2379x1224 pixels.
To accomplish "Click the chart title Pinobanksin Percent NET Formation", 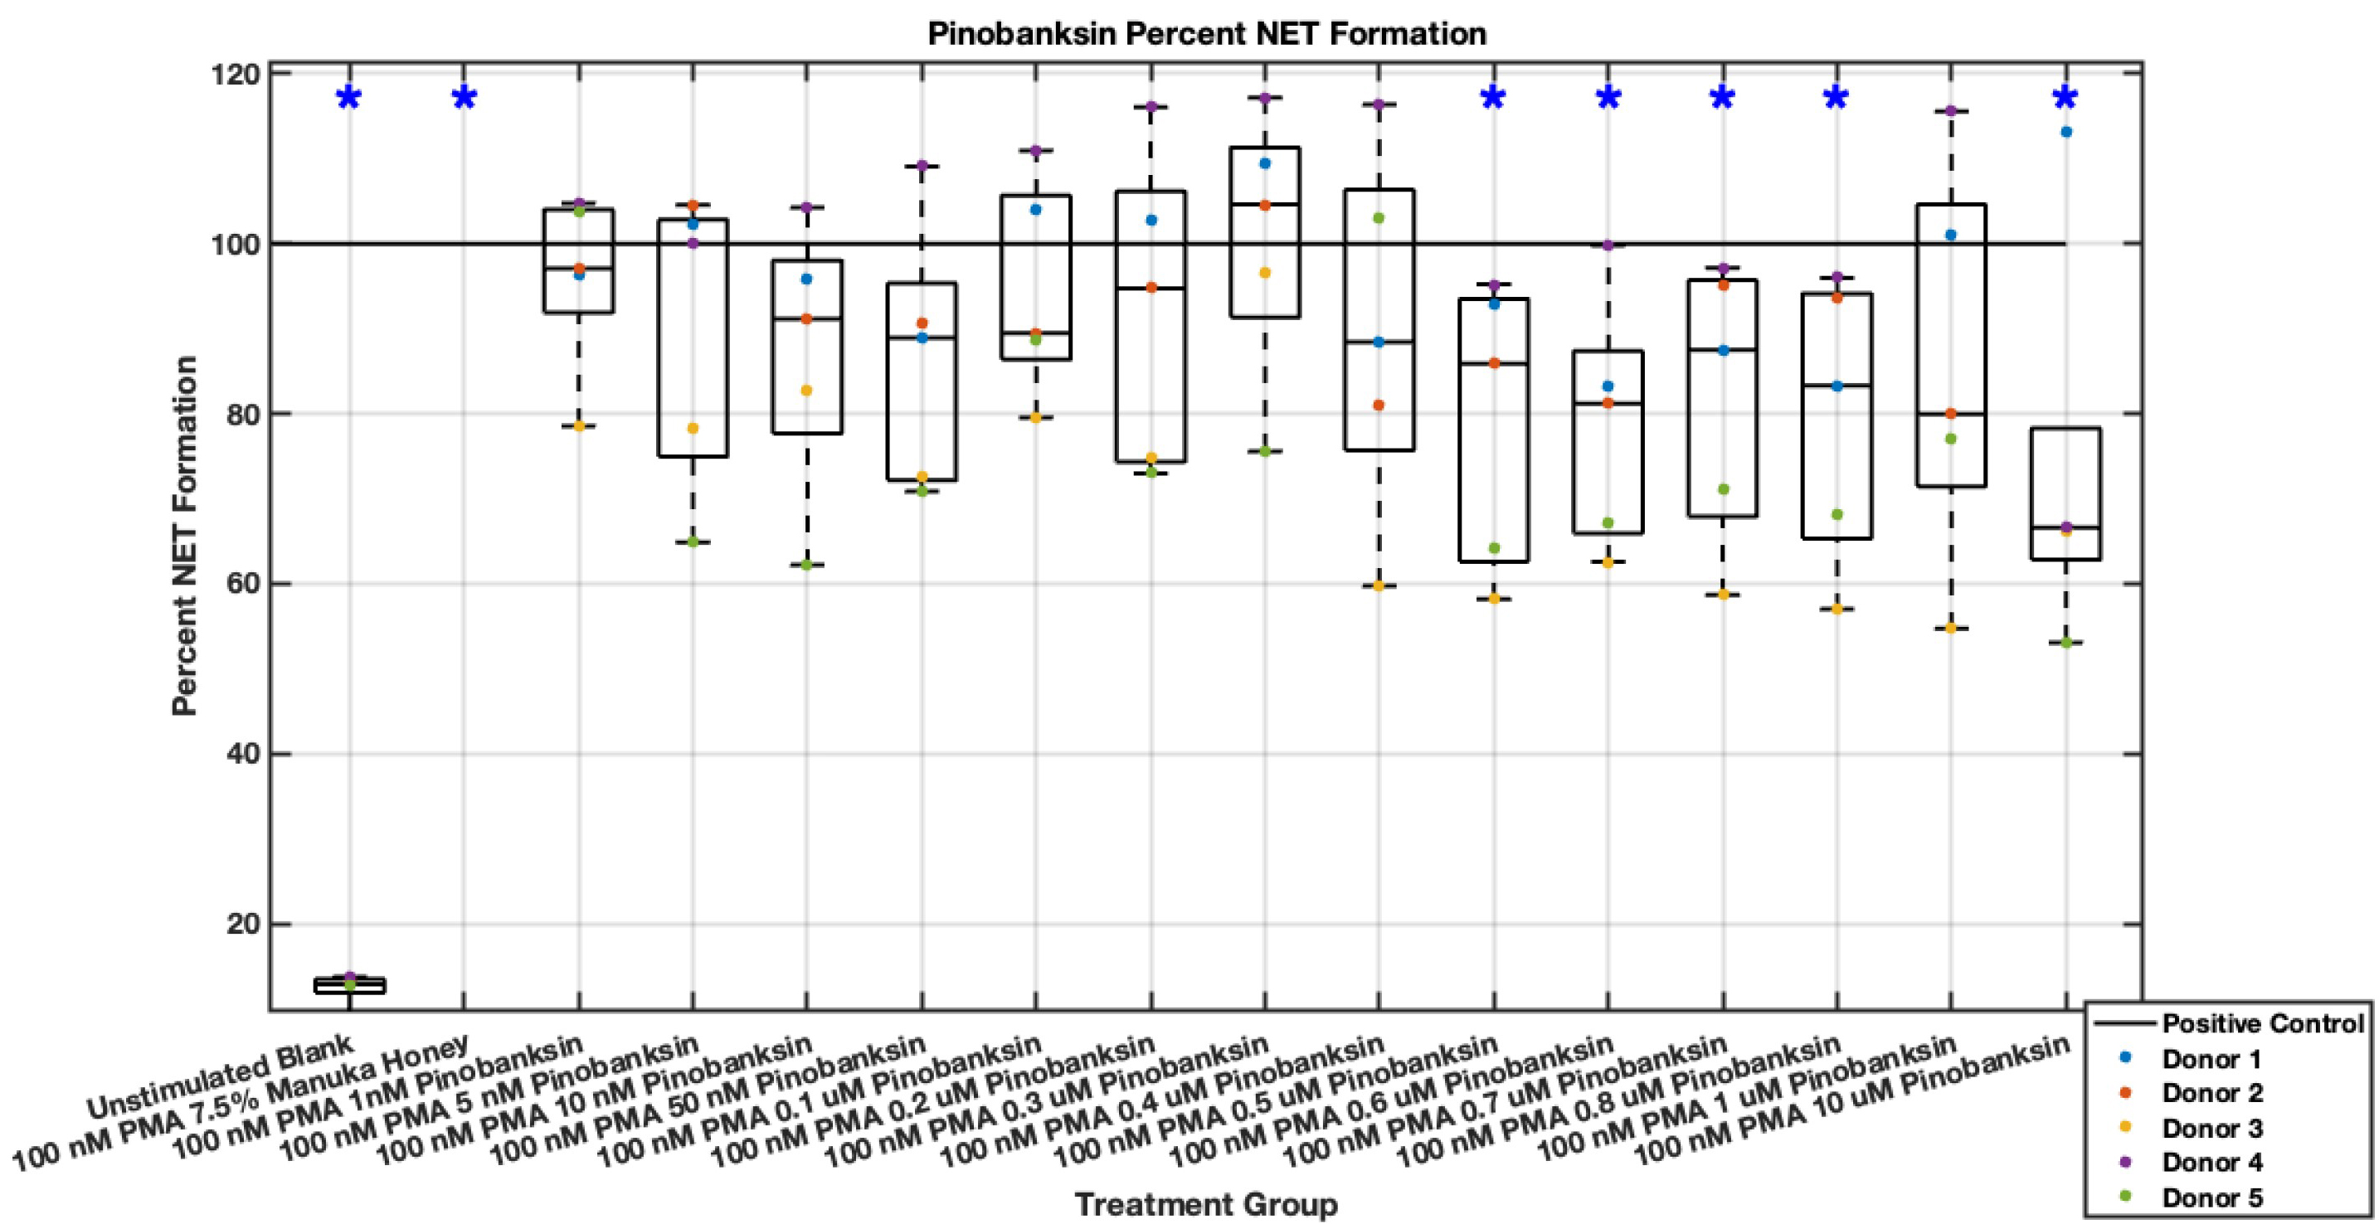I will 1206,34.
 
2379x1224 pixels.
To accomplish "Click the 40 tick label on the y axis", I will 242,754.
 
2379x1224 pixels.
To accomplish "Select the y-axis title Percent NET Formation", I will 185,536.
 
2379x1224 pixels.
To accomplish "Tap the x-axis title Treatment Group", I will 1206,1205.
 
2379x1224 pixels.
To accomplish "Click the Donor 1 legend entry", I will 2211,1059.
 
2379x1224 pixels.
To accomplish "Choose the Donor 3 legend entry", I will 2211,1128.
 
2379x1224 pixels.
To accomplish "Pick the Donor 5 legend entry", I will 2211,1198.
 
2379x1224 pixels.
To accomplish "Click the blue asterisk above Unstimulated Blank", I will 348,98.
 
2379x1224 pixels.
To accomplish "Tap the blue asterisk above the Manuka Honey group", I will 464,98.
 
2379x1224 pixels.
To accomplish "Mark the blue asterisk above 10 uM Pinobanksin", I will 2065,98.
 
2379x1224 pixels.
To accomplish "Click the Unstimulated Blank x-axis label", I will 221,1076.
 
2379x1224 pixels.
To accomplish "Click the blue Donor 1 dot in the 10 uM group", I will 2066,132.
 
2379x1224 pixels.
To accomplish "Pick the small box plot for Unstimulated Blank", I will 349,985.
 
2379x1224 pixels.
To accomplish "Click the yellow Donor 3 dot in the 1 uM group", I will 1950,629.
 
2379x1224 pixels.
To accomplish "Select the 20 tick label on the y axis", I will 242,924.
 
